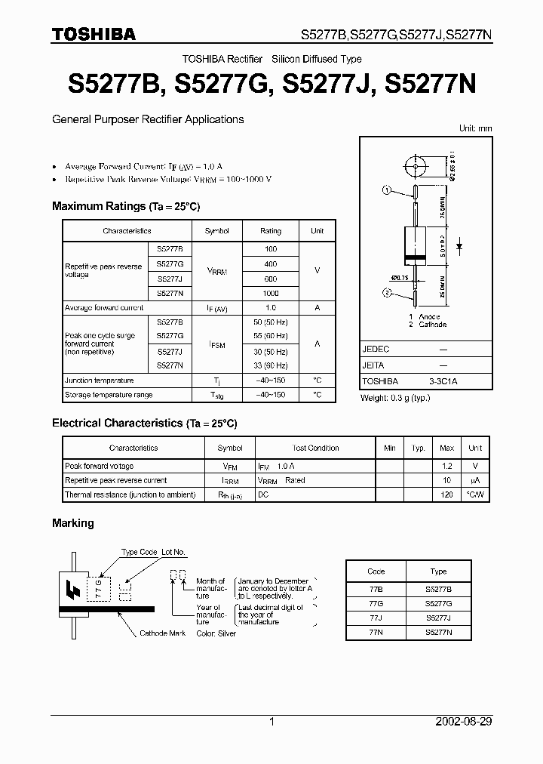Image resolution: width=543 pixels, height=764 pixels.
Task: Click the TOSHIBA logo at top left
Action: pyautogui.click(x=94, y=34)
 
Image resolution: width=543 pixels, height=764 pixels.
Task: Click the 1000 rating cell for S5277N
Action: pyautogui.click(x=270, y=293)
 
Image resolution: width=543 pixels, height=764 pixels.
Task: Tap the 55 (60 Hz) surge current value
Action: pyautogui.click(x=270, y=335)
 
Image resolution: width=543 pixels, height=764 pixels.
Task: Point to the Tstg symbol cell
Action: pyautogui.click(x=216, y=395)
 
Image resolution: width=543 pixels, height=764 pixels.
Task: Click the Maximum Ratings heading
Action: pyautogui.click(x=126, y=206)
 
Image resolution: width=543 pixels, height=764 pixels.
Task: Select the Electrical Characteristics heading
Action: pyautogui.click(x=144, y=424)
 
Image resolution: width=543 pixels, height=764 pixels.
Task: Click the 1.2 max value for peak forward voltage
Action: pyautogui.click(x=446, y=467)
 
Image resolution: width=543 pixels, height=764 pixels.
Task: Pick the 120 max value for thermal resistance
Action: pyautogui.click(x=446, y=494)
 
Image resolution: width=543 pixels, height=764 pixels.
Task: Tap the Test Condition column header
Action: pyautogui.click(x=315, y=448)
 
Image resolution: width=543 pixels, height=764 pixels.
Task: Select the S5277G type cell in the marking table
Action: pyautogui.click(x=438, y=602)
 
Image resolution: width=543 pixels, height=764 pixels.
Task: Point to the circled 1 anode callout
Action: pyautogui.click(x=388, y=191)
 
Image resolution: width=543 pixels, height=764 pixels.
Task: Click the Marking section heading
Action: pyautogui.click(x=73, y=523)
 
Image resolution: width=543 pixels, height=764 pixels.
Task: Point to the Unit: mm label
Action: pyautogui.click(x=475, y=128)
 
